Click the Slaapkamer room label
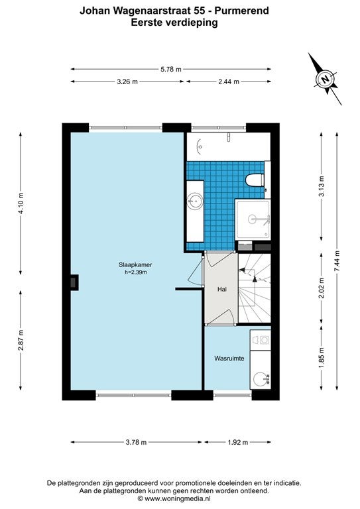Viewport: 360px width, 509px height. [135, 265]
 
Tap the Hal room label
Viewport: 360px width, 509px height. [222, 289]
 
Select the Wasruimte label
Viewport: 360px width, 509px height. [229, 359]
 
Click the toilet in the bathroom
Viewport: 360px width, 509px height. [255, 180]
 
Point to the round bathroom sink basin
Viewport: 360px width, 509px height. [196, 201]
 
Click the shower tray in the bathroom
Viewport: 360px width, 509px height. [253, 219]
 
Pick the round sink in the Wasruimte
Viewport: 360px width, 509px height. [261, 379]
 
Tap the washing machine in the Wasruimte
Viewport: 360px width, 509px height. [261, 340]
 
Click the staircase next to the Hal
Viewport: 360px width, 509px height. [255, 288]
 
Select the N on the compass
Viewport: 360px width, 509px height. [324, 79]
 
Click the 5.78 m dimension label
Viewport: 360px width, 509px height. [171, 69]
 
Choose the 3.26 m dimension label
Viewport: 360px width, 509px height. [127, 82]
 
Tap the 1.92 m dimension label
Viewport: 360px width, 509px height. [237, 442]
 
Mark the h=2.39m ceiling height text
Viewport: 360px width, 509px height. [136, 272]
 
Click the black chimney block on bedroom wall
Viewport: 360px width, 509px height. [74, 282]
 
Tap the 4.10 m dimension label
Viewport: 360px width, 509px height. [21, 203]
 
